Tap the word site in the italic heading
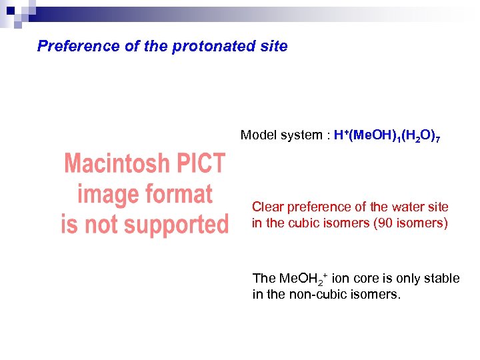point(275,46)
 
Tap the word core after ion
point(359,279)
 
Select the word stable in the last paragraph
point(443,279)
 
